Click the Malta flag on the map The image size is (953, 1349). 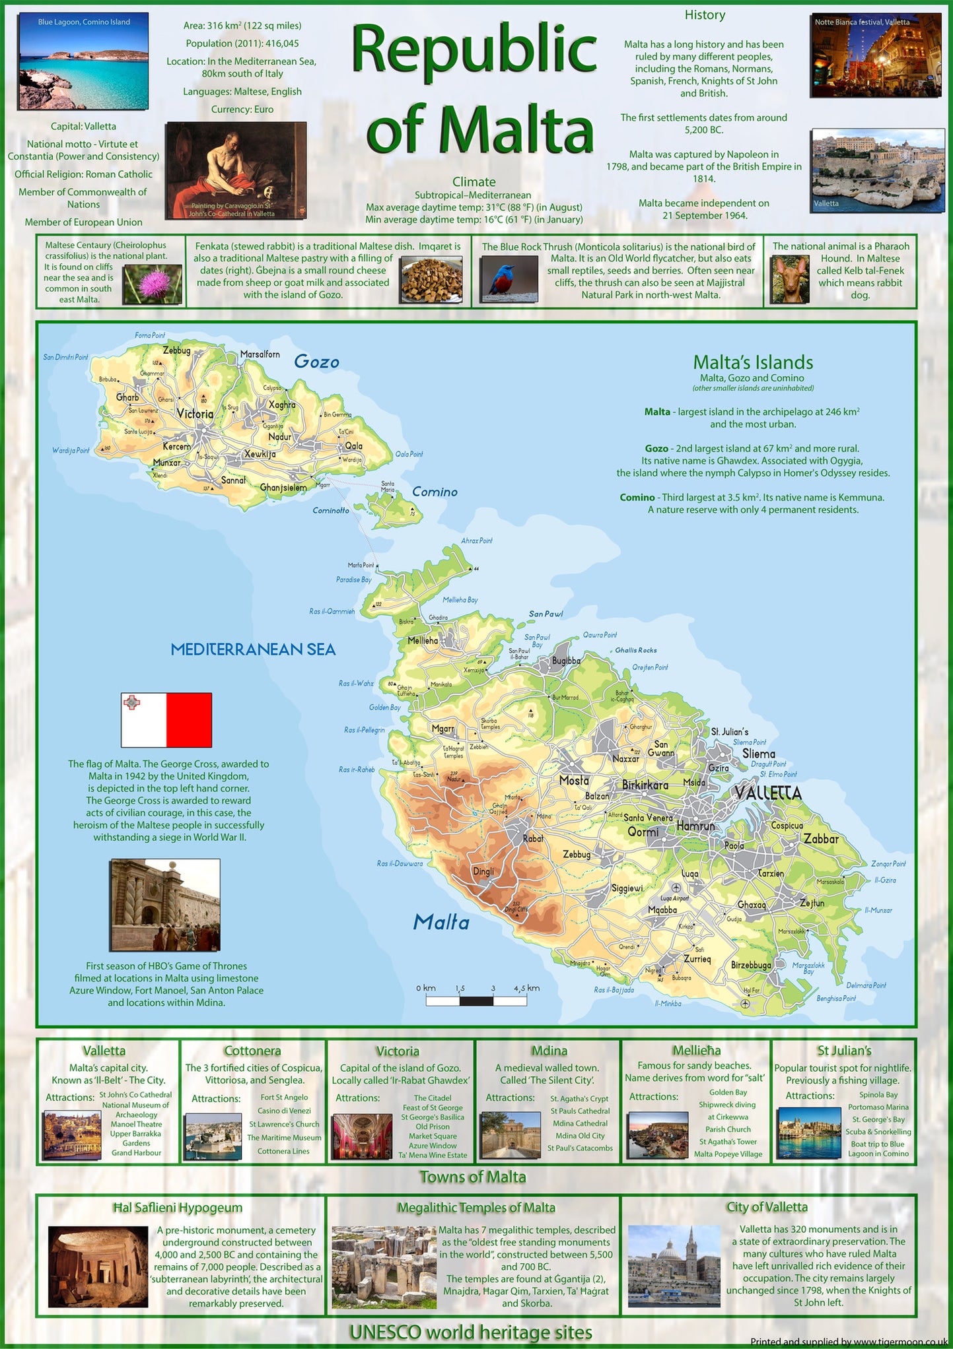(x=166, y=719)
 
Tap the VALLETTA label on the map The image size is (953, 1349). (x=767, y=793)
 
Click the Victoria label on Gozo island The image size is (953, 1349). (x=195, y=414)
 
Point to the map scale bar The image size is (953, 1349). (x=476, y=1001)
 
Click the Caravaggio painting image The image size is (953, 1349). (x=235, y=170)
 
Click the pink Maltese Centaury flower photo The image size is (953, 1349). (x=153, y=284)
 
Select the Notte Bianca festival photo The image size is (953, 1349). (x=876, y=56)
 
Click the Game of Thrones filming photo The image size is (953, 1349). (x=165, y=905)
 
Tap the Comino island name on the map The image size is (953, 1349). (x=435, y=492)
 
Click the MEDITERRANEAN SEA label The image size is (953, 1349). (x=253, y=649)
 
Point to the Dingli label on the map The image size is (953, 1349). (x=483, y=871)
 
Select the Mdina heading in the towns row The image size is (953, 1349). (x=549, y=1050)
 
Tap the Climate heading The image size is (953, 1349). (x=474, y=181)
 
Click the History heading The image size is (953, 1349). (x=705, y=15)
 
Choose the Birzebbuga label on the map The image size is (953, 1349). (x=751, y=965)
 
